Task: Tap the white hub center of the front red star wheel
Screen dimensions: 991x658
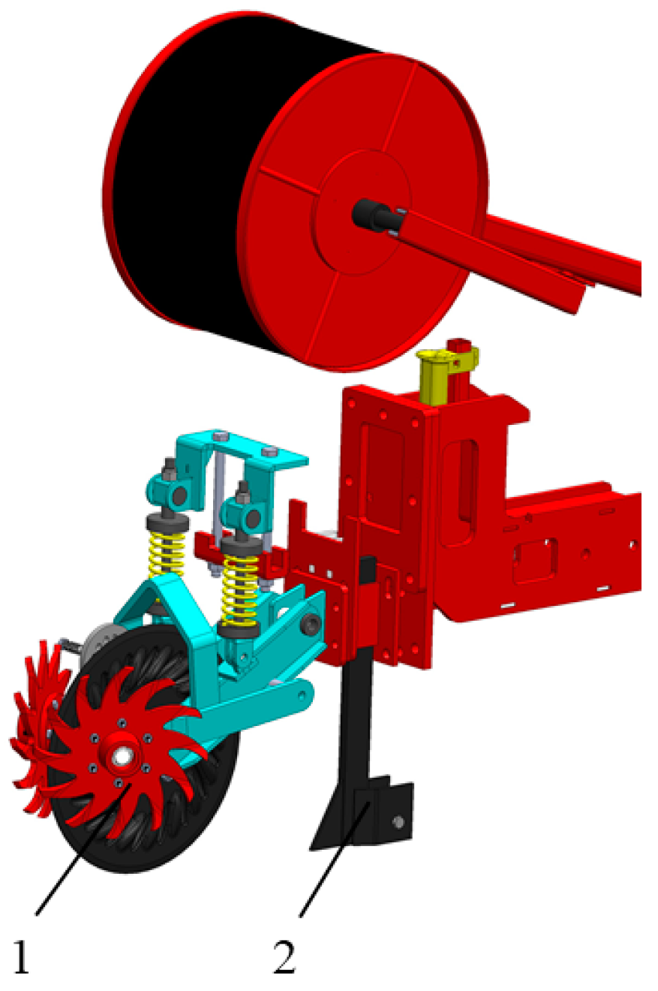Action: (x=120, y=757)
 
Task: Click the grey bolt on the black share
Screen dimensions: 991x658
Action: (x=398, y=823)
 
